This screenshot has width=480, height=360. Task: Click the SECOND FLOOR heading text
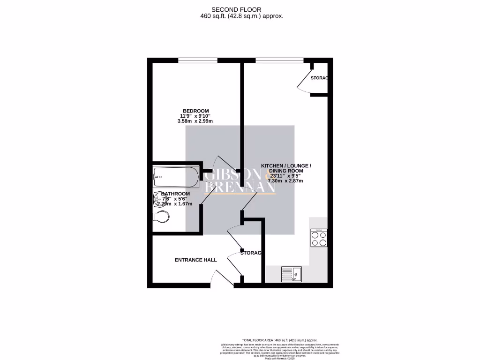236,9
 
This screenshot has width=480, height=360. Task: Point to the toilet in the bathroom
162,217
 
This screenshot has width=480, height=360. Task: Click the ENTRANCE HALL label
195,260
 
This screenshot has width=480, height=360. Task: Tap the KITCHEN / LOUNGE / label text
285,166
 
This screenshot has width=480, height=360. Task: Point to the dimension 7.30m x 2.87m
285,181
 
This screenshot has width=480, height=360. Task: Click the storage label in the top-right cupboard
319,78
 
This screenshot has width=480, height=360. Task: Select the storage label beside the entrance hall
251,253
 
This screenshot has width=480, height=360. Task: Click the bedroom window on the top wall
197,60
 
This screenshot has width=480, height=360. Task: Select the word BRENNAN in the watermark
240,187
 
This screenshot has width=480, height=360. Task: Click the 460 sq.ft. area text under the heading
241,16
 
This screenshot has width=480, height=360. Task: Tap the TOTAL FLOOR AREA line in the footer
279,340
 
